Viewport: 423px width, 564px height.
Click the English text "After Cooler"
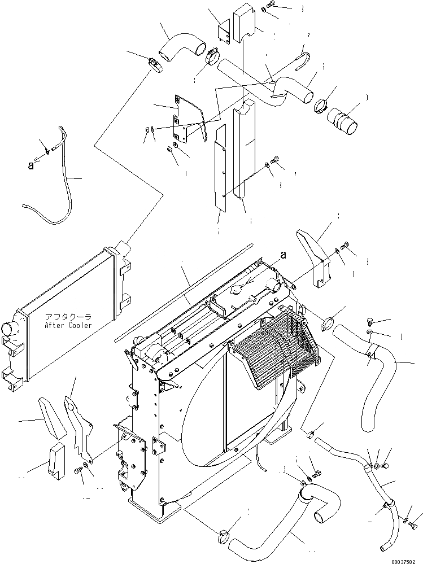pos(69,326)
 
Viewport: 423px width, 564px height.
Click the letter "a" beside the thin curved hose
pos(31,166)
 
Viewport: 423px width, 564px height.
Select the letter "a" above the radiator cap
pos(283,255)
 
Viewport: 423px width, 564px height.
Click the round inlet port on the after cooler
pos(11,330)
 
